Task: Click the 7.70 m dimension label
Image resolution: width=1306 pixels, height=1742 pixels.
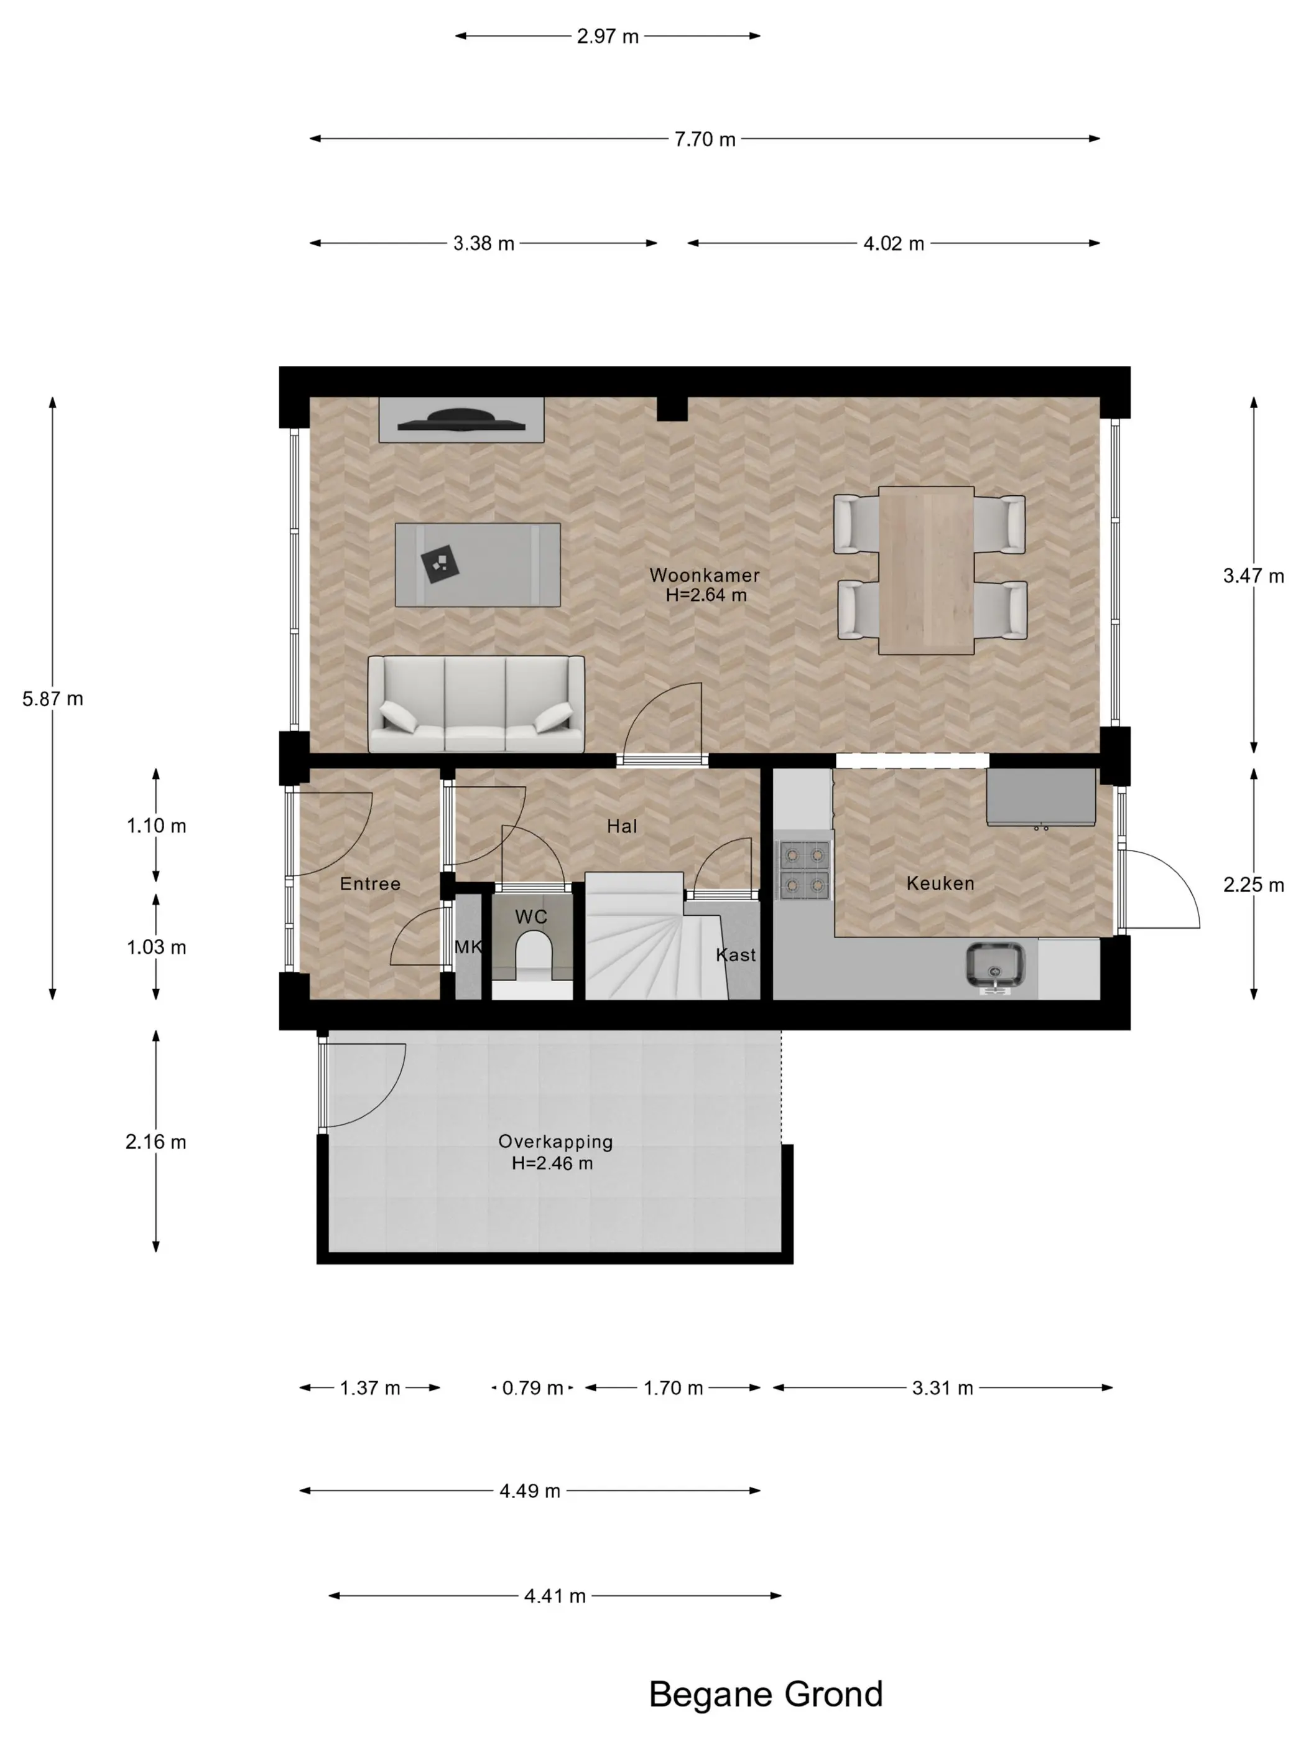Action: pos(705,139)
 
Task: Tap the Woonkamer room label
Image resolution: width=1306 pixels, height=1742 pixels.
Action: pos(705,575)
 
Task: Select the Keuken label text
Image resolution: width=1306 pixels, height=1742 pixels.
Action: pos(940,883)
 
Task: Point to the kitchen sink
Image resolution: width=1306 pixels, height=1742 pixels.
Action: pos(996,966)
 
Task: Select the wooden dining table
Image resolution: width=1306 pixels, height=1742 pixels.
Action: pos(927,570)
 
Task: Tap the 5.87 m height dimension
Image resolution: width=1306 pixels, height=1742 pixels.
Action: pos(53,699)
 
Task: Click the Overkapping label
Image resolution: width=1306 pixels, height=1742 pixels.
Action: pos(555,1141)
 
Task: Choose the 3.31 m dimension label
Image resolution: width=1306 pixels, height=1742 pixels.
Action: pos(942,1387)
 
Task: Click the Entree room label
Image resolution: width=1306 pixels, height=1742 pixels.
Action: pos(370,883)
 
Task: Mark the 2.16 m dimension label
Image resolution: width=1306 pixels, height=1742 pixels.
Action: pos(156,1142)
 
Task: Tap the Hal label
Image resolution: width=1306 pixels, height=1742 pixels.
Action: pos(622,826)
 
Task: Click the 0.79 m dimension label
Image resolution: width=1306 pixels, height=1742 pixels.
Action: pos(533,1387)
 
